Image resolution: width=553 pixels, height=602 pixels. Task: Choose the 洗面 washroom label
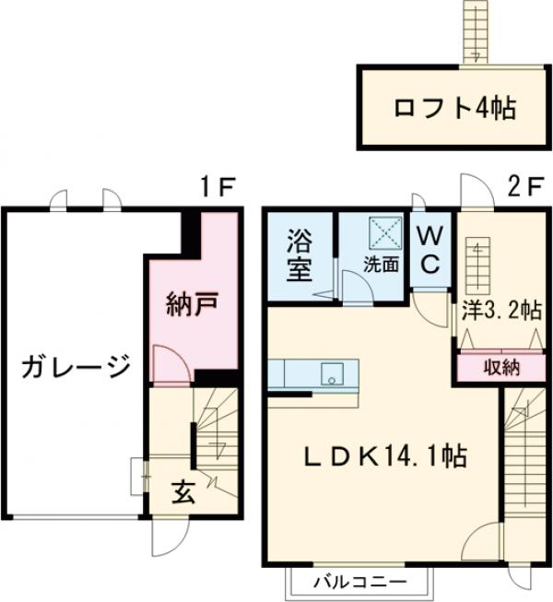[380, 264]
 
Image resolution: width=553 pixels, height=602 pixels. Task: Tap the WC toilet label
[430, 249]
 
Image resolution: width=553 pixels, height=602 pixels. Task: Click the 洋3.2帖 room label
[500, 311]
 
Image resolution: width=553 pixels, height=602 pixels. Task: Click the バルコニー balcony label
[359, 582]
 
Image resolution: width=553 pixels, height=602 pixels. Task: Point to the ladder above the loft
[476, 30]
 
